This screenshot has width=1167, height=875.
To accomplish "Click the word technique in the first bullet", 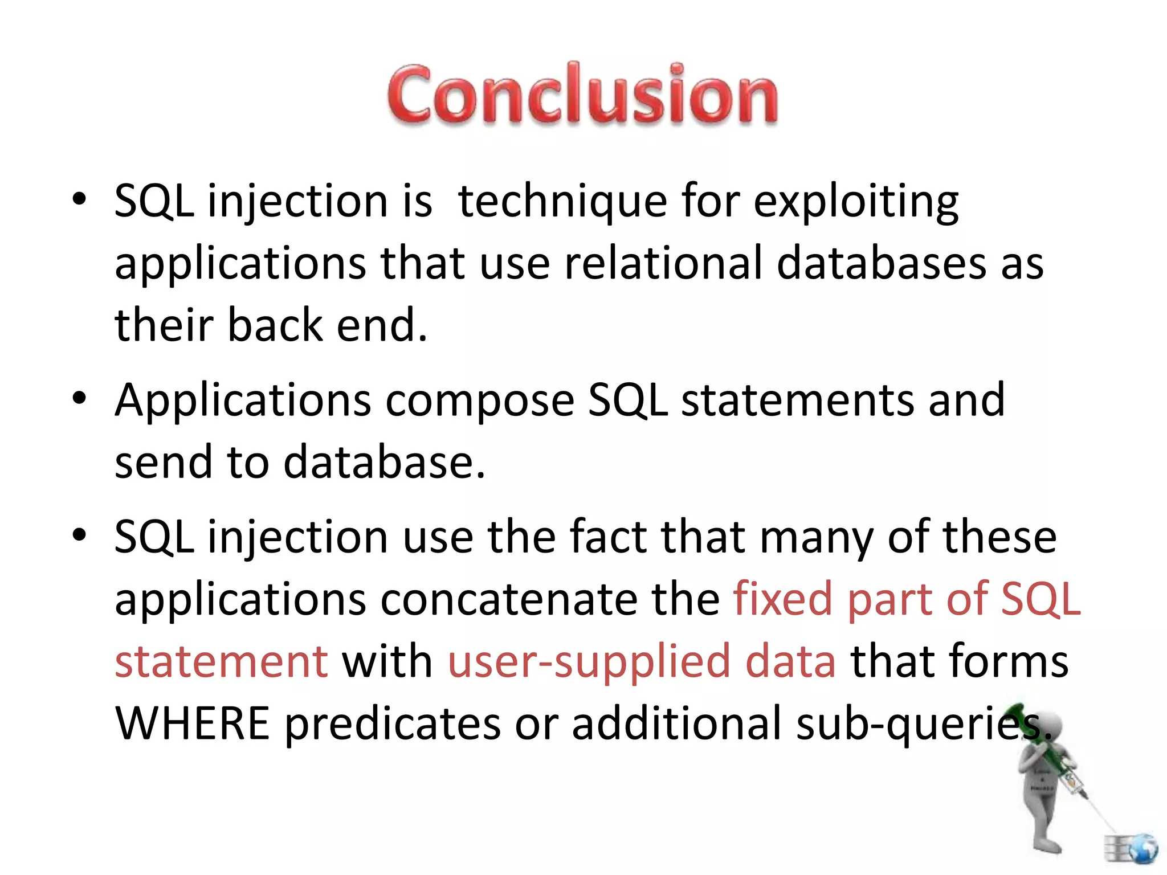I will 562,202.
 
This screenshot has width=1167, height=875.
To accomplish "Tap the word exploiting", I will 856,202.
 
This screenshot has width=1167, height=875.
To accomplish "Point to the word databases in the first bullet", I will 881,264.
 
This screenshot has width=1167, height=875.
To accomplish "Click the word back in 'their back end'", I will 275,325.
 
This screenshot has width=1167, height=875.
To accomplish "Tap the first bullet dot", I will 79,199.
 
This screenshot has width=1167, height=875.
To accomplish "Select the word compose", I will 480,401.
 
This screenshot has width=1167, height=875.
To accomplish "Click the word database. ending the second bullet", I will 384,462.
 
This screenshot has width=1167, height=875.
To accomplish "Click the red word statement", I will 221,661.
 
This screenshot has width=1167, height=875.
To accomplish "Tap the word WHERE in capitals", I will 192,723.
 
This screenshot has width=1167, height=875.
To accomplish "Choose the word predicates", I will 392,725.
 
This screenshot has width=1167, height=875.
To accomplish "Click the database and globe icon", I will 1131,849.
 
